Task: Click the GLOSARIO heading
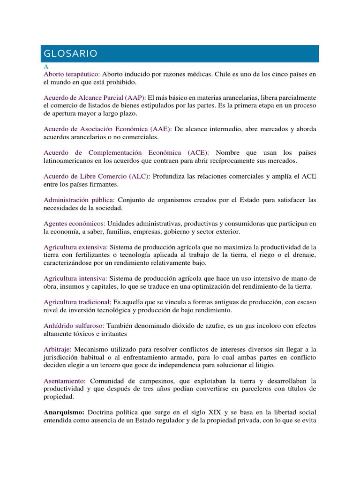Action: tap(69, 54)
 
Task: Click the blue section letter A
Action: tap(46, 67)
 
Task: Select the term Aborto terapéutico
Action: tap(71, 75)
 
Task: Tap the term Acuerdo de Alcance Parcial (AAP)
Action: tap(95, 97)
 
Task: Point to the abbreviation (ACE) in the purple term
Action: tap(198, 152)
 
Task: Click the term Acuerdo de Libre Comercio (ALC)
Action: tap(97, 176)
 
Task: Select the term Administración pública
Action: tap(79, 200)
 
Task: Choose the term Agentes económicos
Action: tap(74, 224)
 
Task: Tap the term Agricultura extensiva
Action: tap(75, 247)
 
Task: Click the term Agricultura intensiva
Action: tap(75, 278)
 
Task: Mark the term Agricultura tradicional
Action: tap(77, 302)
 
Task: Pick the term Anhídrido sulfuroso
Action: tap(74, 325)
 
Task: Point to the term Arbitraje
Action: tap(57, 349)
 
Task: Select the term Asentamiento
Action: tap(64, 381)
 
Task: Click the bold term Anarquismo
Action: tap(64, 412)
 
